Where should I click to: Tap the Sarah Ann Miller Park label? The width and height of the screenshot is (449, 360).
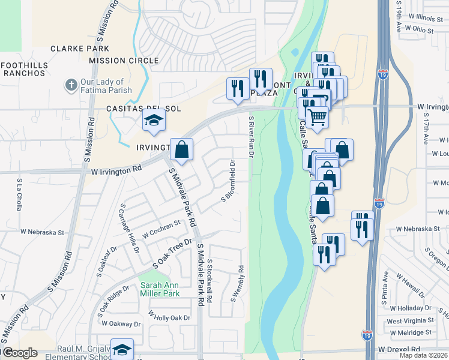[160, 290]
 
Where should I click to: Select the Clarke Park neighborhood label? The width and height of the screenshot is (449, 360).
[80, 49]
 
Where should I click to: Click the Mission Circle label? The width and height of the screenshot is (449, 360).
[124, 61]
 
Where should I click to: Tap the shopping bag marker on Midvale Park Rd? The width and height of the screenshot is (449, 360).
[182, 150]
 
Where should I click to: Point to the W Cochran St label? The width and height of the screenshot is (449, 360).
[161, 228]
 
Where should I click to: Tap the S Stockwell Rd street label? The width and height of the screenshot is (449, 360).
[209, 280]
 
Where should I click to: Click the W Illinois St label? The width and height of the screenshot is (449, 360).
[426, 18]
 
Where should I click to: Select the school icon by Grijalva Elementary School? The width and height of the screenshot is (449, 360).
[122, 350]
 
